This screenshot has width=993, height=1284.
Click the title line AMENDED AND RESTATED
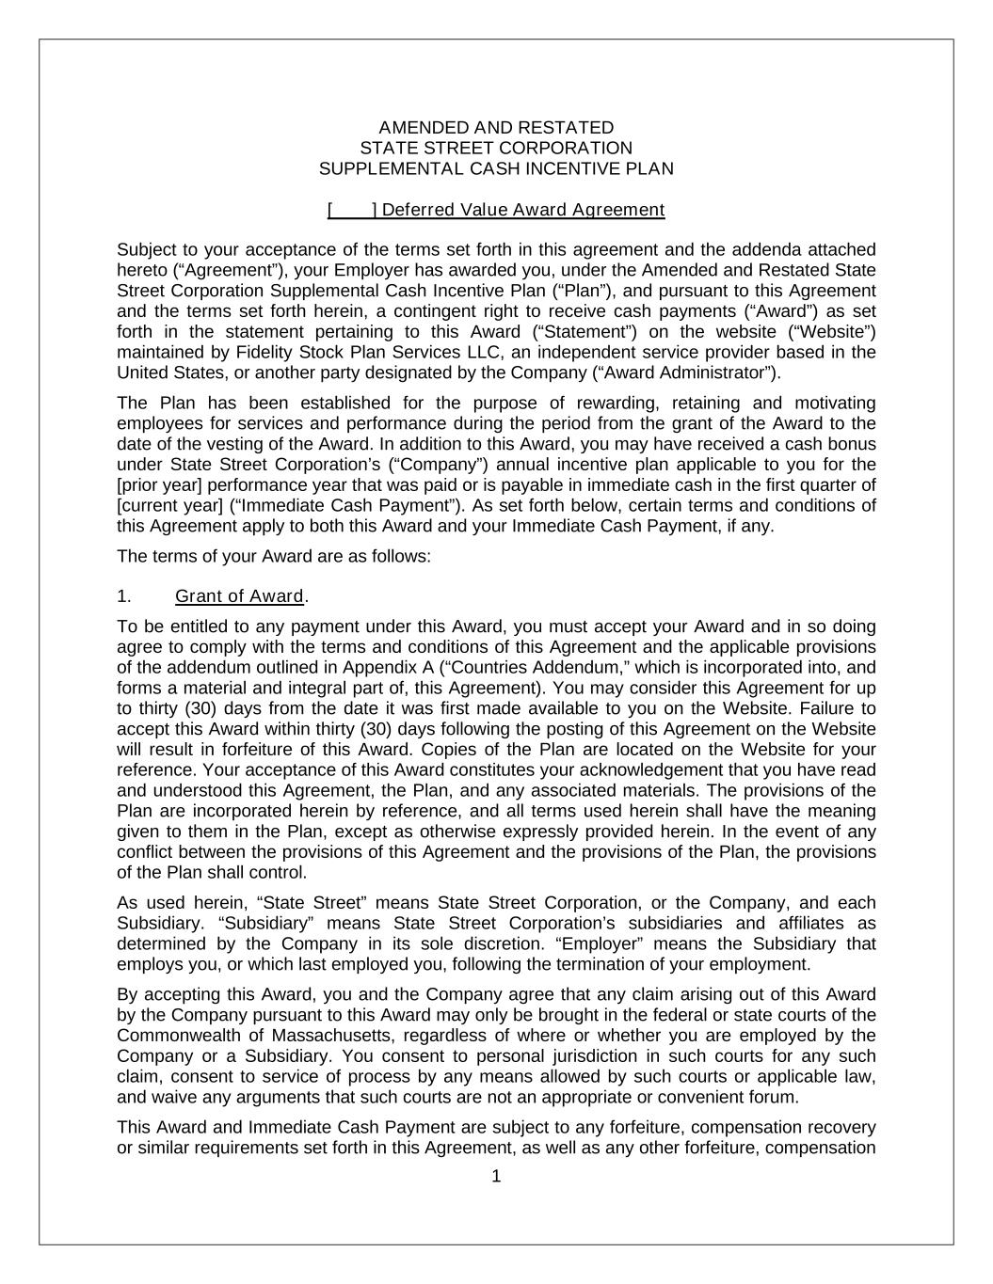pos(496,127)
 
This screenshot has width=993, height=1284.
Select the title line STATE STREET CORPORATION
pos(496,148)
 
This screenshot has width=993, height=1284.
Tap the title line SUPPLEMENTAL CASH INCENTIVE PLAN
pos(496,168)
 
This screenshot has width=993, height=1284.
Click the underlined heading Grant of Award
pos(239,596)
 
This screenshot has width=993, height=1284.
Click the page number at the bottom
pos(497,1176)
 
